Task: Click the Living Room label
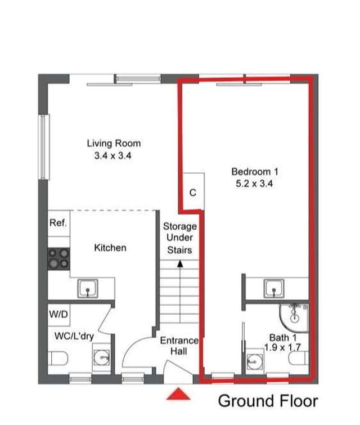tap(113, 144)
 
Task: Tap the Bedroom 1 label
tap(255, 171)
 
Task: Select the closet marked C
tap(192, 193)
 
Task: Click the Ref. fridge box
tap(58, 223)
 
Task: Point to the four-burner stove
tap(58, 259)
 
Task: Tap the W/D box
tap(58, 315)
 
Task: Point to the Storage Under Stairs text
tap(180, 238)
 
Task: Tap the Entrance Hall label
tap(179, 346)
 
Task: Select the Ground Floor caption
tap(268, 401)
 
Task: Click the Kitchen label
tap(110, 248)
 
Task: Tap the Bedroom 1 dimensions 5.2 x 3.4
tap(255, 183)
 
